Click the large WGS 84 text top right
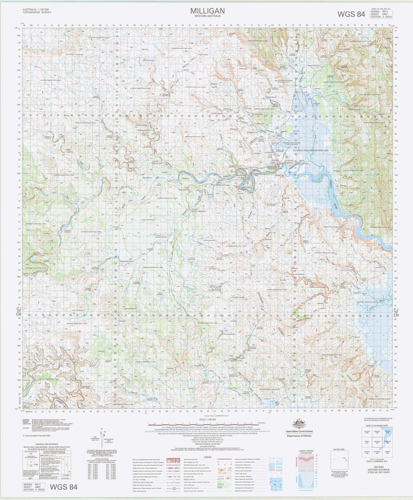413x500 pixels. click(x=351, y=14)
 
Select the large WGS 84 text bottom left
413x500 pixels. click(x=63, y=487)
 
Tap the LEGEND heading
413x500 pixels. click(x=208, y=456)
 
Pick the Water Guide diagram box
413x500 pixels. click(x=339, y=463)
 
